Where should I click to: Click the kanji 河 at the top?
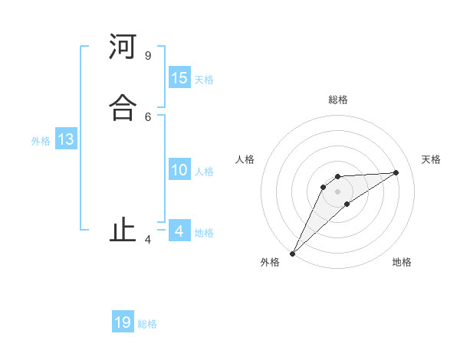pyautogui.click(x=123, y=47)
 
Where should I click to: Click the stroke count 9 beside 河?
pyautogui.click(x=147, y=56)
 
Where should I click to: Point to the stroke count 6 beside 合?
pyautogui.click(x=147, y=116)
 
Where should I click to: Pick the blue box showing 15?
pyautogui.click(x=179, y=78)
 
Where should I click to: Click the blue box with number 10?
pyautogui.click(x=179, y=170)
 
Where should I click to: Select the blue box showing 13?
pyautogui.click(x=66, y=140)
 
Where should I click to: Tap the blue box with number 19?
pyautogui.click(x=123, y=322)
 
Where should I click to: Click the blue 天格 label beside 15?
pyautogui.click(x=204, y=80)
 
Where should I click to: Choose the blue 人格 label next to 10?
pyautogui.click(x=204, y=172)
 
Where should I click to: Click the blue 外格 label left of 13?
pyautogui.click(x=41, y=141)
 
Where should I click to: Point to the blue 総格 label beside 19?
pyautogui.click(x=147, y=324)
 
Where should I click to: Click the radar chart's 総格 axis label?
pyautogui.click(x=338, y=100)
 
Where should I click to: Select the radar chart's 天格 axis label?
pyautogui.click(x=431, y=159)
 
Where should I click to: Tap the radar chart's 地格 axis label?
pyautogui.click(x=402, y=263)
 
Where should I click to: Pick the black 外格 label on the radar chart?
pyautogui.click(x=270, y=263)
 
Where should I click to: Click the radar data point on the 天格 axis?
pyautogui.click(x=396, y=172)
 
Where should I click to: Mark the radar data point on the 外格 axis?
pyautogui.click(x=292, y=254)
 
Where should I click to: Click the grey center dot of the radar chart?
pyautogui.click(x=338, y=191)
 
